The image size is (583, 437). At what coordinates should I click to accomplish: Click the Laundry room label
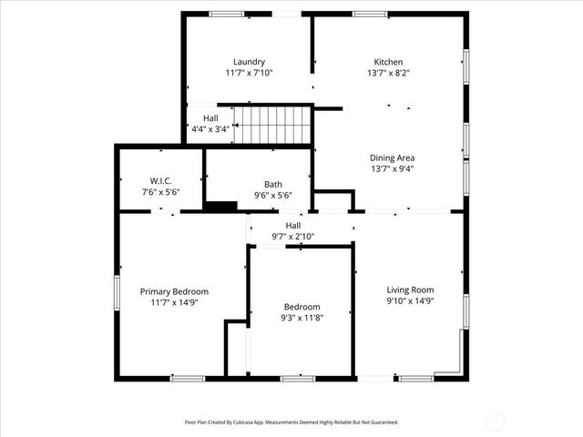tap(249, 62)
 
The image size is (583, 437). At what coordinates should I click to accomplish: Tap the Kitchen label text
tap(388, 62)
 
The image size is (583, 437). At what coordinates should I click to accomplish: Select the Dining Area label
tap(393, 158)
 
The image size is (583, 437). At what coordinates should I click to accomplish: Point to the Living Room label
tap(410, 290)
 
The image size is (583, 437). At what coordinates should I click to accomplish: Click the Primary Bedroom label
tap(174, 291)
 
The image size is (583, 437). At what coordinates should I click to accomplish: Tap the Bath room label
tap(272, 184)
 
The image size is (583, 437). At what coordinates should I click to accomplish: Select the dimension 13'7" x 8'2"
tap(388, 73)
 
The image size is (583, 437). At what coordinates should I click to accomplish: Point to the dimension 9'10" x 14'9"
tap(410, 300)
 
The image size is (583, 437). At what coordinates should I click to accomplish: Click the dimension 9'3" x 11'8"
tap(302, 318)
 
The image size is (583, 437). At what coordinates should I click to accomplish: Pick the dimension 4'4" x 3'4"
tap(210, 129)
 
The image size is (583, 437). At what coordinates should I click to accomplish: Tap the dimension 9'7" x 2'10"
tap(292, 237)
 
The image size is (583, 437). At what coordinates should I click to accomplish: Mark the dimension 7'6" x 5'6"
tap(160, 192)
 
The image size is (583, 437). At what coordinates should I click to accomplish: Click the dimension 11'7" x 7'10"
tap(249, 73)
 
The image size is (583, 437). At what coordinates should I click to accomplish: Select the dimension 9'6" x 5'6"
tap(272, 195)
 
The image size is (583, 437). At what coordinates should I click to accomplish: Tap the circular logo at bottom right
tap(496, 421)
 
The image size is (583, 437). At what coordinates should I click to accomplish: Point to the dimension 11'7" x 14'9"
tap(174, 302)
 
